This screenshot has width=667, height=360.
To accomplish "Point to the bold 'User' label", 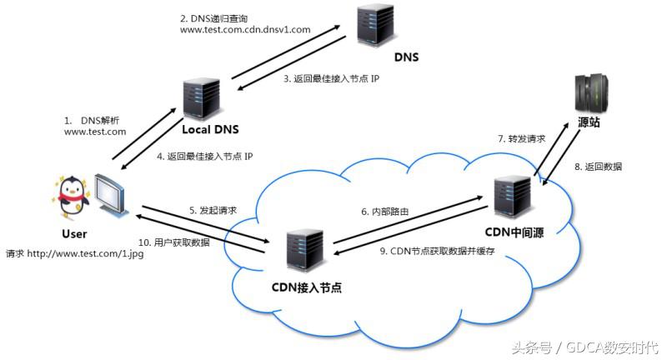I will pyautogui.click(x=74, y=234).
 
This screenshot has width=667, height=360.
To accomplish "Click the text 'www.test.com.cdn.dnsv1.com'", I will pyautogui.click(x=245, y=29).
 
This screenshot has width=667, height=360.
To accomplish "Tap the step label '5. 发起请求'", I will pyautogui.click(x=213, y=210).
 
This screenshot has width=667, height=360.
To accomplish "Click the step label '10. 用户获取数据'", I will pyautogui.click(x=173, y=242).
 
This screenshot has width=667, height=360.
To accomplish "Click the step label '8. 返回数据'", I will pyautogui.click(x=598, y=167).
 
